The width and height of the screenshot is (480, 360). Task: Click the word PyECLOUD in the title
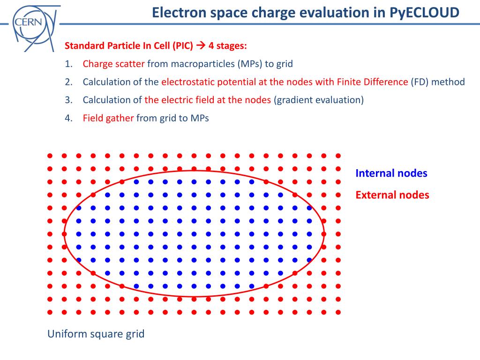(x=424, y=13)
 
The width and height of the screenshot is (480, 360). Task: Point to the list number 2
(x=68, y=82)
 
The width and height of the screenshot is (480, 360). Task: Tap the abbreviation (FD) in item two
(x=420, y=82)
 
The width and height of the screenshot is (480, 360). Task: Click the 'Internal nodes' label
(x=391, y=173)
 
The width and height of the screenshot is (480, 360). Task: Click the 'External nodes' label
(x=392, y=195)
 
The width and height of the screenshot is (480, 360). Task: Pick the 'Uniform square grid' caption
(x=96, y=334)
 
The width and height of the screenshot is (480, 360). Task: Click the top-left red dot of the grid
(x=50, y=156)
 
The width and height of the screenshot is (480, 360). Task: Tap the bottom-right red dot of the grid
(x=338, y=312)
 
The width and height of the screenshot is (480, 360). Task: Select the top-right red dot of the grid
(x=338, y=156)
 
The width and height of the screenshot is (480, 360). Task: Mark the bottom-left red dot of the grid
(x=50, y=312)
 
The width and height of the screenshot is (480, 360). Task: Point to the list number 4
(x=68, y=118)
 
